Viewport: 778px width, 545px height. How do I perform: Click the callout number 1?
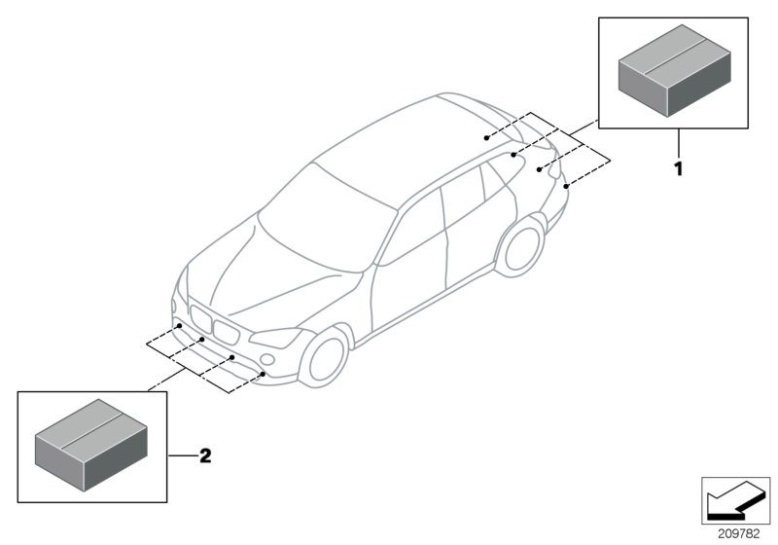(x=679, y=168)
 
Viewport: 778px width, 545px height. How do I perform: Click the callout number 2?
(x=206, y=454)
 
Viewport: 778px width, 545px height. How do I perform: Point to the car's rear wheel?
(x=519, y=245)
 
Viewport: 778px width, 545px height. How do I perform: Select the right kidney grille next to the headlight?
(x=227, y=331)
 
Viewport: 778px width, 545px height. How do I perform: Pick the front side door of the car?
(x=408, y=282)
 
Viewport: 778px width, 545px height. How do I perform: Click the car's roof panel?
(x=389, y=146)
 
